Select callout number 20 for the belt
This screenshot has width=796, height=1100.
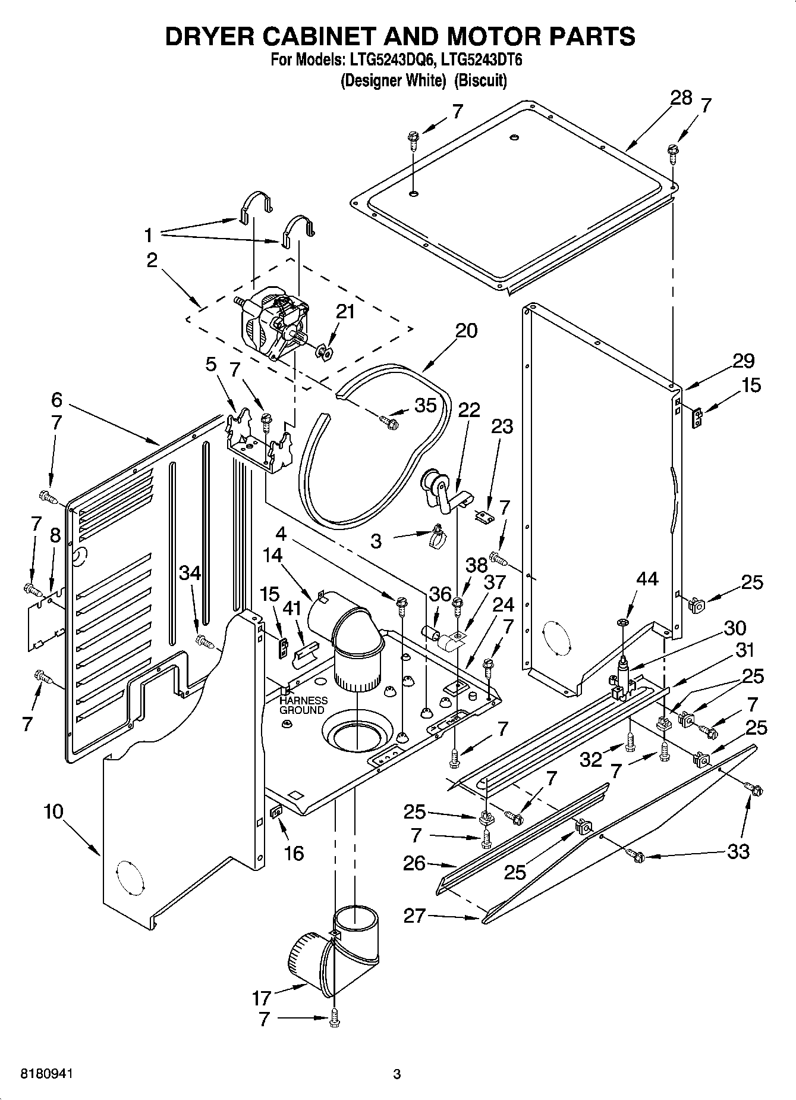pyautogui.click(x=466, y=330)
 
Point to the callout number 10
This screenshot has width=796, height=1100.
pyautogui.click(x=53, y=811)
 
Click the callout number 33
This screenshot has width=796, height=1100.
pyautogui.click(x=738, y=851)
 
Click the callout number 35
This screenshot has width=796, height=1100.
pyautogui.click(x=425, y=405)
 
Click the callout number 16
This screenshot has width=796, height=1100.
pyautogui.click(x=294, y=853)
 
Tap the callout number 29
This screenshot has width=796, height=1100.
pyautogui.click(x=743, y=361)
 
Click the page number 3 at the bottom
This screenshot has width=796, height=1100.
pyautogui.click(x=397, y=1074)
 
